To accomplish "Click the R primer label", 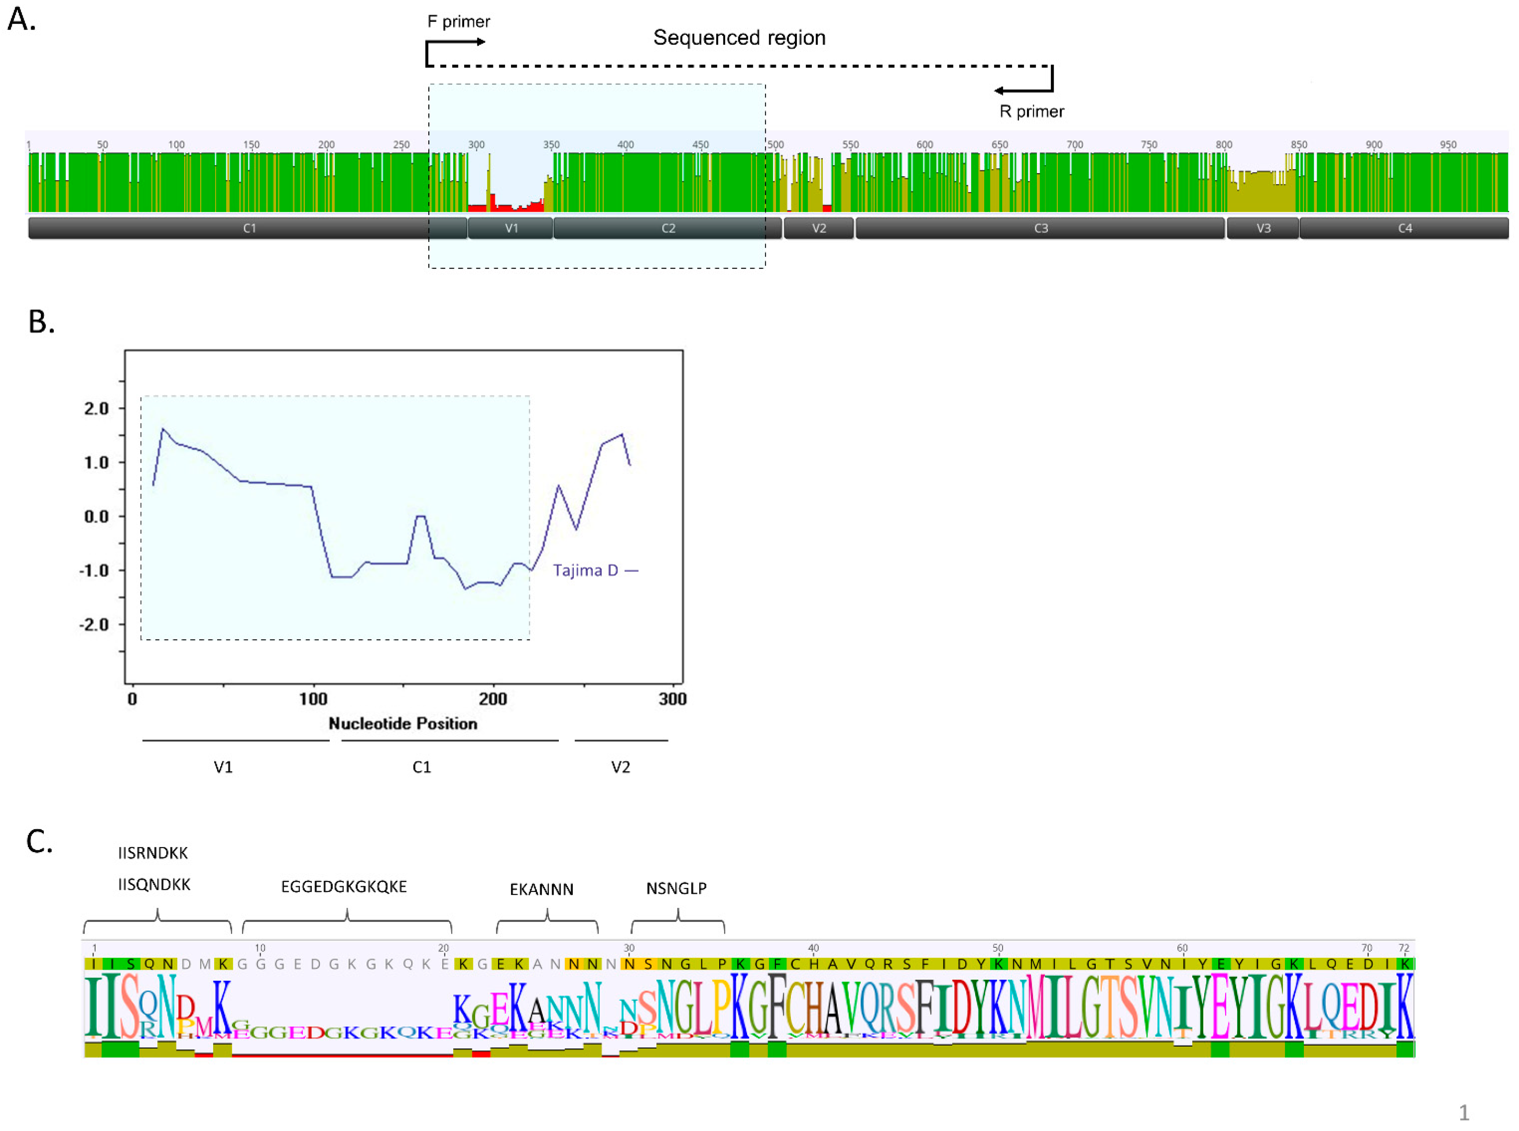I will [x=1031, y=111].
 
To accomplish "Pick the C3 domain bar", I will [x=1040, y=228].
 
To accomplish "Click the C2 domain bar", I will [x=667, y=228].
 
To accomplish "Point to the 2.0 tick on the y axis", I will [x=96, y=409].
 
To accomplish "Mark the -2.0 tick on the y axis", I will [x=94, y=624].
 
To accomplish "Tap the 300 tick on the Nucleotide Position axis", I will [x=672, y=699].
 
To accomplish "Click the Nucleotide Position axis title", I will [x=402, y=724].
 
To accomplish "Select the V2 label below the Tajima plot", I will [x=620, y=767].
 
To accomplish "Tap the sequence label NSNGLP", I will [x=676, y=888].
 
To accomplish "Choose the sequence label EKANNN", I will [x=541, y=889].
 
